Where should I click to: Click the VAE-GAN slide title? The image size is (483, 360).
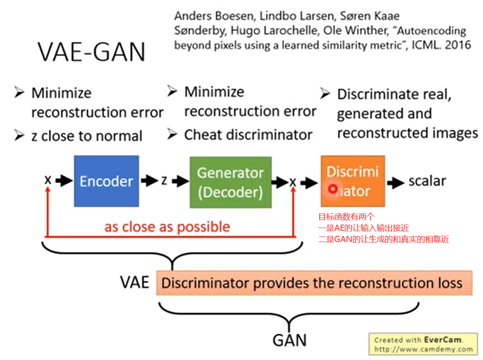point(91,52)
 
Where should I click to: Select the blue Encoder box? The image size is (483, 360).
point(106,181)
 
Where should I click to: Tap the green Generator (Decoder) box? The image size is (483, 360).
point(230,182)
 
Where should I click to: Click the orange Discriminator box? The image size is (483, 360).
point(352,181)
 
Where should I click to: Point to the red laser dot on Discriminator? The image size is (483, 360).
point(333,189)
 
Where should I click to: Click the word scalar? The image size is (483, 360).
point(427,181)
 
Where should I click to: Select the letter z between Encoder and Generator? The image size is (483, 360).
point(164,181)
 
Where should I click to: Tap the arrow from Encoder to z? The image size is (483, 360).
point(149,181)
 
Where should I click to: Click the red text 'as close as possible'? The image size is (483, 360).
point(167,227)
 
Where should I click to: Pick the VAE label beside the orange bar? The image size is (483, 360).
point(134,282)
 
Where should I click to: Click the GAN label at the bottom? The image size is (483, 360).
point(289,340)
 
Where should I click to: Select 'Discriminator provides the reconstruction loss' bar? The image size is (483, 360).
point(314,283)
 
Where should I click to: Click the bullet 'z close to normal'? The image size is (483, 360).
point(86,136)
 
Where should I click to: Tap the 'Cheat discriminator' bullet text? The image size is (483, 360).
point(248,134)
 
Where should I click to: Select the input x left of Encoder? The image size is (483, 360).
point(48,181)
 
